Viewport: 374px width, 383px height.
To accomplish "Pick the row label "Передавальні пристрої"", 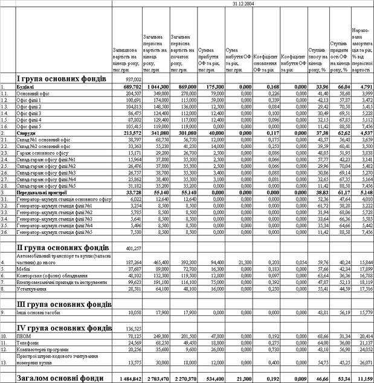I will point(42,192).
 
